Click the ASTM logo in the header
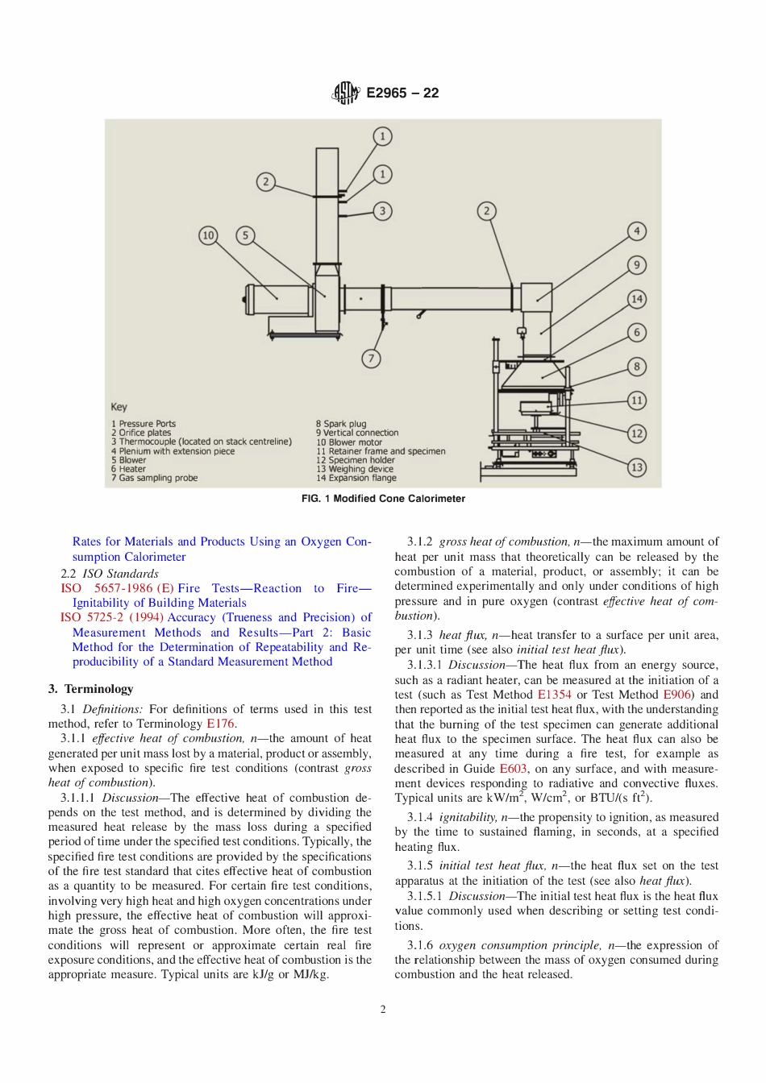[x=345, y=93]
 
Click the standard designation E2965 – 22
[x=402, y=93]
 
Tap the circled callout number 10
[x=208, y=235]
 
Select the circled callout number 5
[x=245, y=235]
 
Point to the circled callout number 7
[x=371, y=359]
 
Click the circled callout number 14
[x=637, y=299]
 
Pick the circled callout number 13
[x=637, y=467]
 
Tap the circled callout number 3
[x=382, y=211]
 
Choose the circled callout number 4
[x=637, y=231]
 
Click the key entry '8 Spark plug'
[x=341, y=424]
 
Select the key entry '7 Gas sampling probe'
[x=154, y=478]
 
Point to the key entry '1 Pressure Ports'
[x=144, y=424]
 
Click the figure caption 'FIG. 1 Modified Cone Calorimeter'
[x=383, y=499]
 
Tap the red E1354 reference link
[x=554, y=695]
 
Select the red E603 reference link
[x=513, y=769]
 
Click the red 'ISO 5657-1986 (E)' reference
[x=117, y=588]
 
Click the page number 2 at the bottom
[x=383, y=1010]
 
